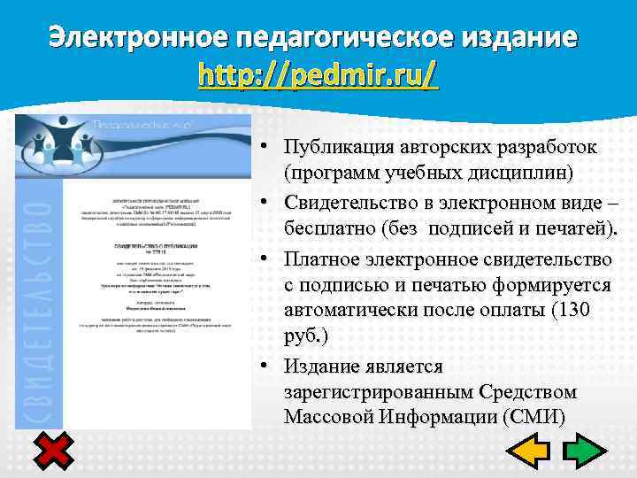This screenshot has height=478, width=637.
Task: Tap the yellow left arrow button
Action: tap(530, 453)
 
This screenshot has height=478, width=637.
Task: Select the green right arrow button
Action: tap(584, 453)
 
